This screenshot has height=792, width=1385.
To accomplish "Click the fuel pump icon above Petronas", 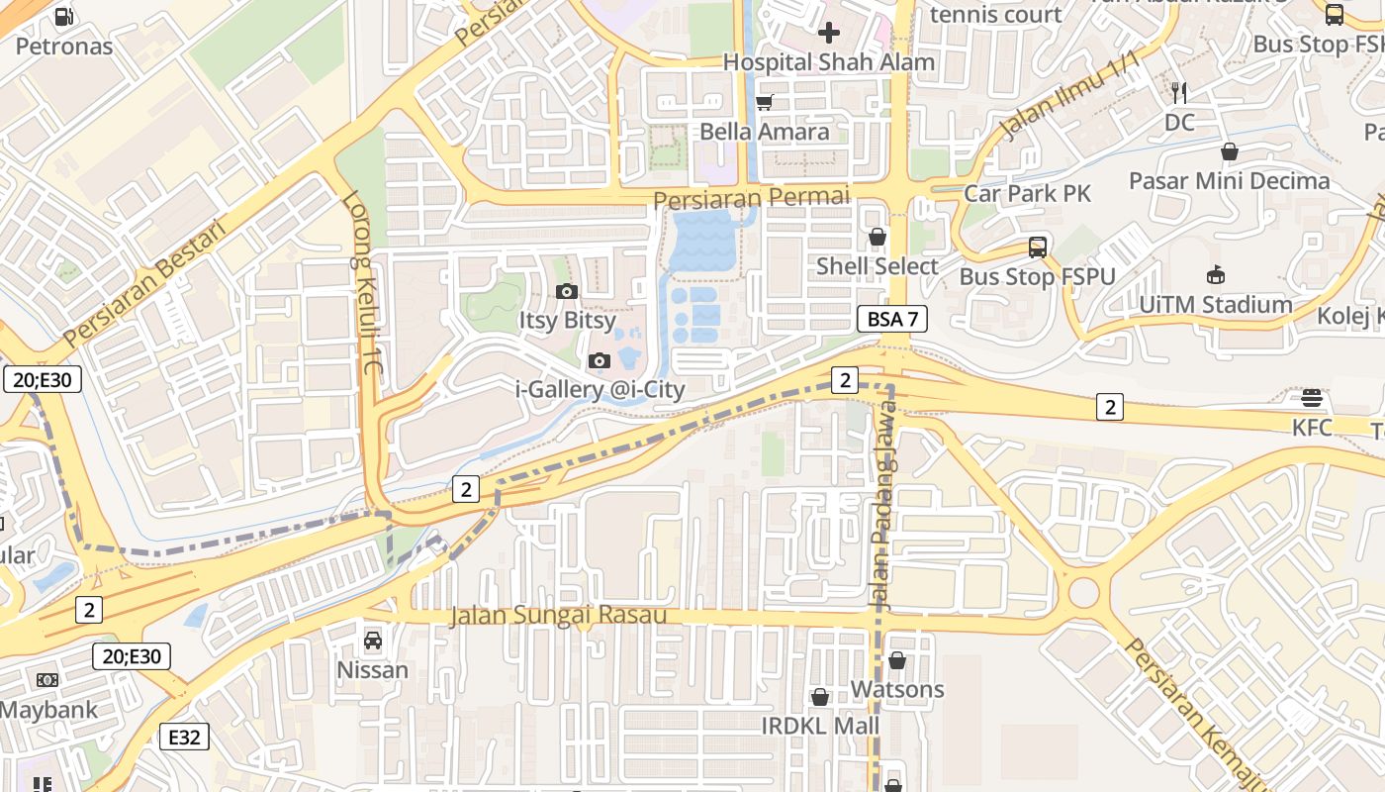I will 64,16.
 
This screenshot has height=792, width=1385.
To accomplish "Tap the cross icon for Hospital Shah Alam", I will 829,33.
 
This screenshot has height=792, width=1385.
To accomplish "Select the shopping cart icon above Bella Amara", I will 764,102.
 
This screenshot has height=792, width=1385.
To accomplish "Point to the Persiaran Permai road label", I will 751,198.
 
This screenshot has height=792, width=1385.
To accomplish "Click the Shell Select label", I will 877,266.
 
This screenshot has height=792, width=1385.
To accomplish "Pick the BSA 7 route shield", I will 891,319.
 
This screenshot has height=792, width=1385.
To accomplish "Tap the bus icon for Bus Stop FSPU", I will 1037,247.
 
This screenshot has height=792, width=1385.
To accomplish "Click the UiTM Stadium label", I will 1215,304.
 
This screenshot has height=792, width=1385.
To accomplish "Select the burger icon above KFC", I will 1312,398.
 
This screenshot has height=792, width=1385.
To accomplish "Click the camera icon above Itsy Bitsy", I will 567,291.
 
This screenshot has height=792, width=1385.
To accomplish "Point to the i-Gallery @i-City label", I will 600,389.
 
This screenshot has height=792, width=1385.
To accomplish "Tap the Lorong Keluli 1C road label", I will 361,283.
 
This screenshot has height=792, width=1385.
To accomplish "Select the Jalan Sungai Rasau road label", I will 558,615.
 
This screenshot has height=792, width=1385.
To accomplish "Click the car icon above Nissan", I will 373,641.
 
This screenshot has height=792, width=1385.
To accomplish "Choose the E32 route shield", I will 184,736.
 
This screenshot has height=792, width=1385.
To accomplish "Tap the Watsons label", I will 897,689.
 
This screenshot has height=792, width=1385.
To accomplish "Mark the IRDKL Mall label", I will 819,726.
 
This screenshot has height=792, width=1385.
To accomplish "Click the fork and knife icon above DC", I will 1179,93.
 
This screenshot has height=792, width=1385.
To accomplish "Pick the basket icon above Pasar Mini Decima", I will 1229,151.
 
